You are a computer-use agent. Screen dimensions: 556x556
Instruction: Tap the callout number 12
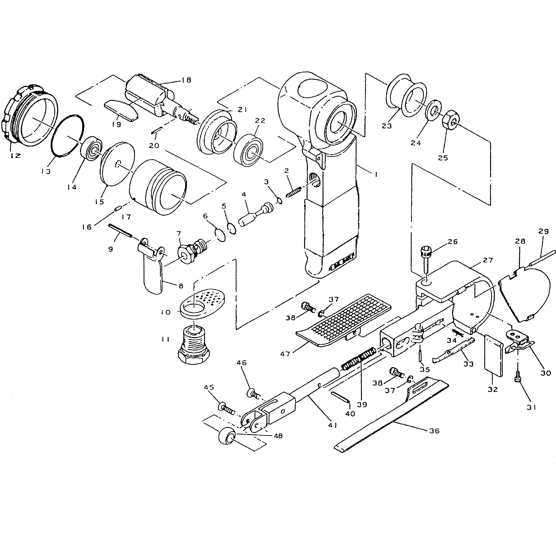pos(16,156)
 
